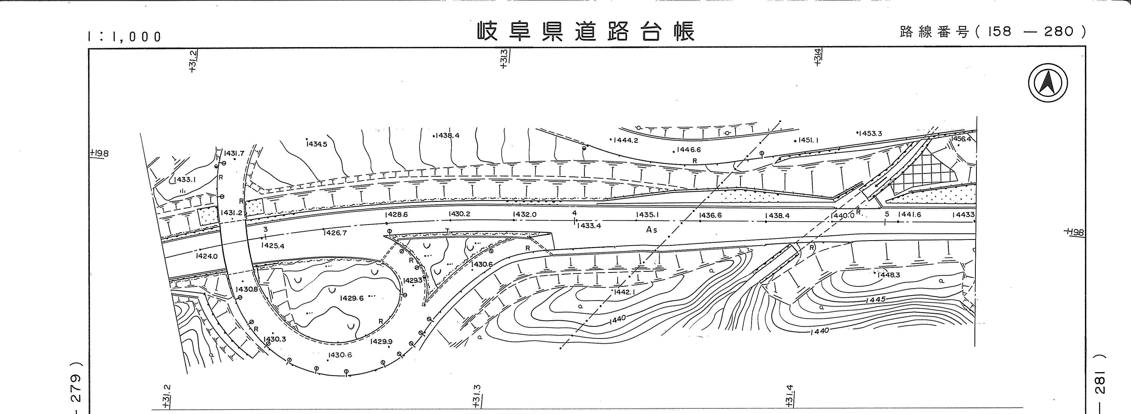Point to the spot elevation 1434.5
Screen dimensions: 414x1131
(317, 144)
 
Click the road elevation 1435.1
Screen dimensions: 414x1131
(648, 215)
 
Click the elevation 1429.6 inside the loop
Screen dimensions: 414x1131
(352, 298)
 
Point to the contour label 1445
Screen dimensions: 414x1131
(876, 300)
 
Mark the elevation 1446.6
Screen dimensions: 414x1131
(689, 149)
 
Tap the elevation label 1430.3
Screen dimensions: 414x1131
(275, 339)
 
